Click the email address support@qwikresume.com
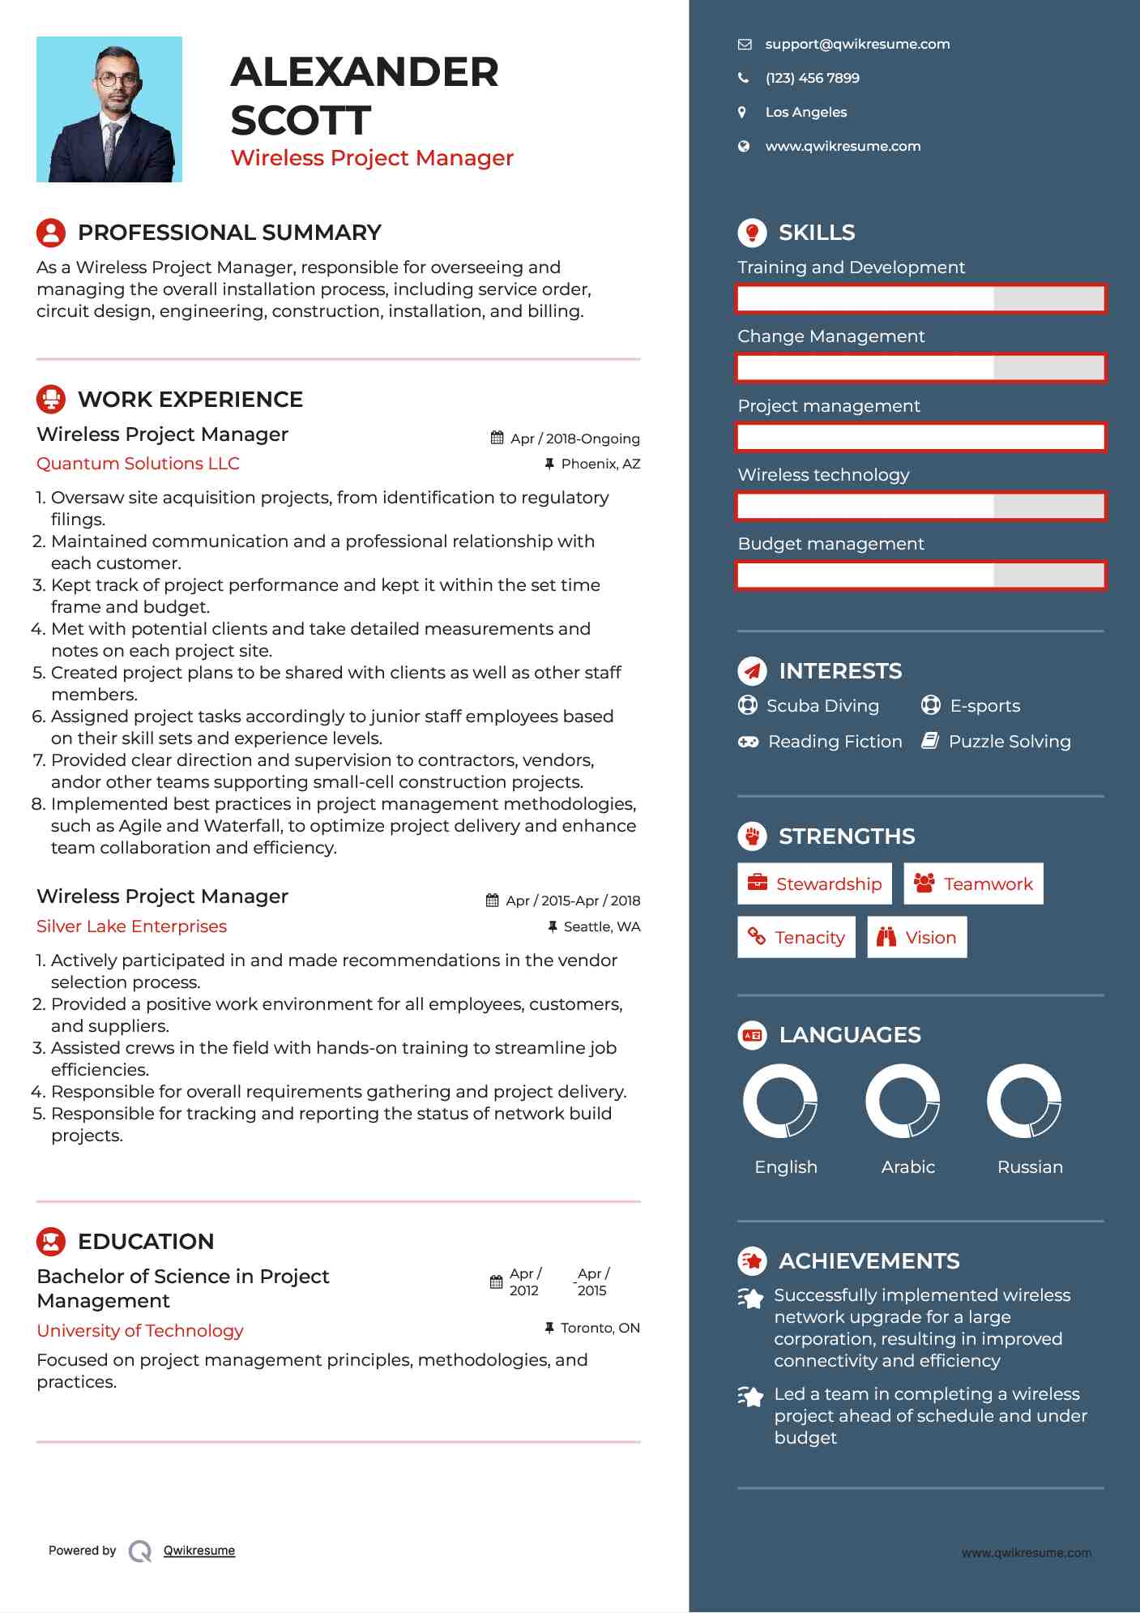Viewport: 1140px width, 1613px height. click(856, 45)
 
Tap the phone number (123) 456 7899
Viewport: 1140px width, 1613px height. click(812, 79)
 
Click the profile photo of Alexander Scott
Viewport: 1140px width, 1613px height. click(109, 109)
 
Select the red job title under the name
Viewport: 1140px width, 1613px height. click(372, 158)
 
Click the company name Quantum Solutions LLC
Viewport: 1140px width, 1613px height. click(138, 464)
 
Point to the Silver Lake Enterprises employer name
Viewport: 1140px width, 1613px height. click(131, 926)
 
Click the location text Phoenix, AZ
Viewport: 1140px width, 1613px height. click(600, 464)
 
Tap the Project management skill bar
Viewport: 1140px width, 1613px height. click(920, 438)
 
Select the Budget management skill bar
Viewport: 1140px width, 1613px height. click(920, 576)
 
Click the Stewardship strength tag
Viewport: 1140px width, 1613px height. click(814, 884)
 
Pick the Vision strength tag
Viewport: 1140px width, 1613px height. click(917, 938)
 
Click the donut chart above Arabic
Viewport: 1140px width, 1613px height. click(903, 1102)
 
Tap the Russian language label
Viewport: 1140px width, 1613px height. click(1030, 1167)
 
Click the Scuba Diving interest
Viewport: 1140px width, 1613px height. click(822, 706)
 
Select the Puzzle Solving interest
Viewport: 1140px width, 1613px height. click(1009, 742)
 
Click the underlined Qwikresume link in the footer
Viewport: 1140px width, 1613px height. click(199, 1551)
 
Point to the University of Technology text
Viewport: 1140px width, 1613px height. click(140, 1331)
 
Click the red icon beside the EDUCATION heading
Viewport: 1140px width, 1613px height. click(51, 1242)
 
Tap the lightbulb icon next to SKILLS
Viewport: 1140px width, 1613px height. click(752, 233)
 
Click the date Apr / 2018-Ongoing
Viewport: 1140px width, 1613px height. click(574, 439)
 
